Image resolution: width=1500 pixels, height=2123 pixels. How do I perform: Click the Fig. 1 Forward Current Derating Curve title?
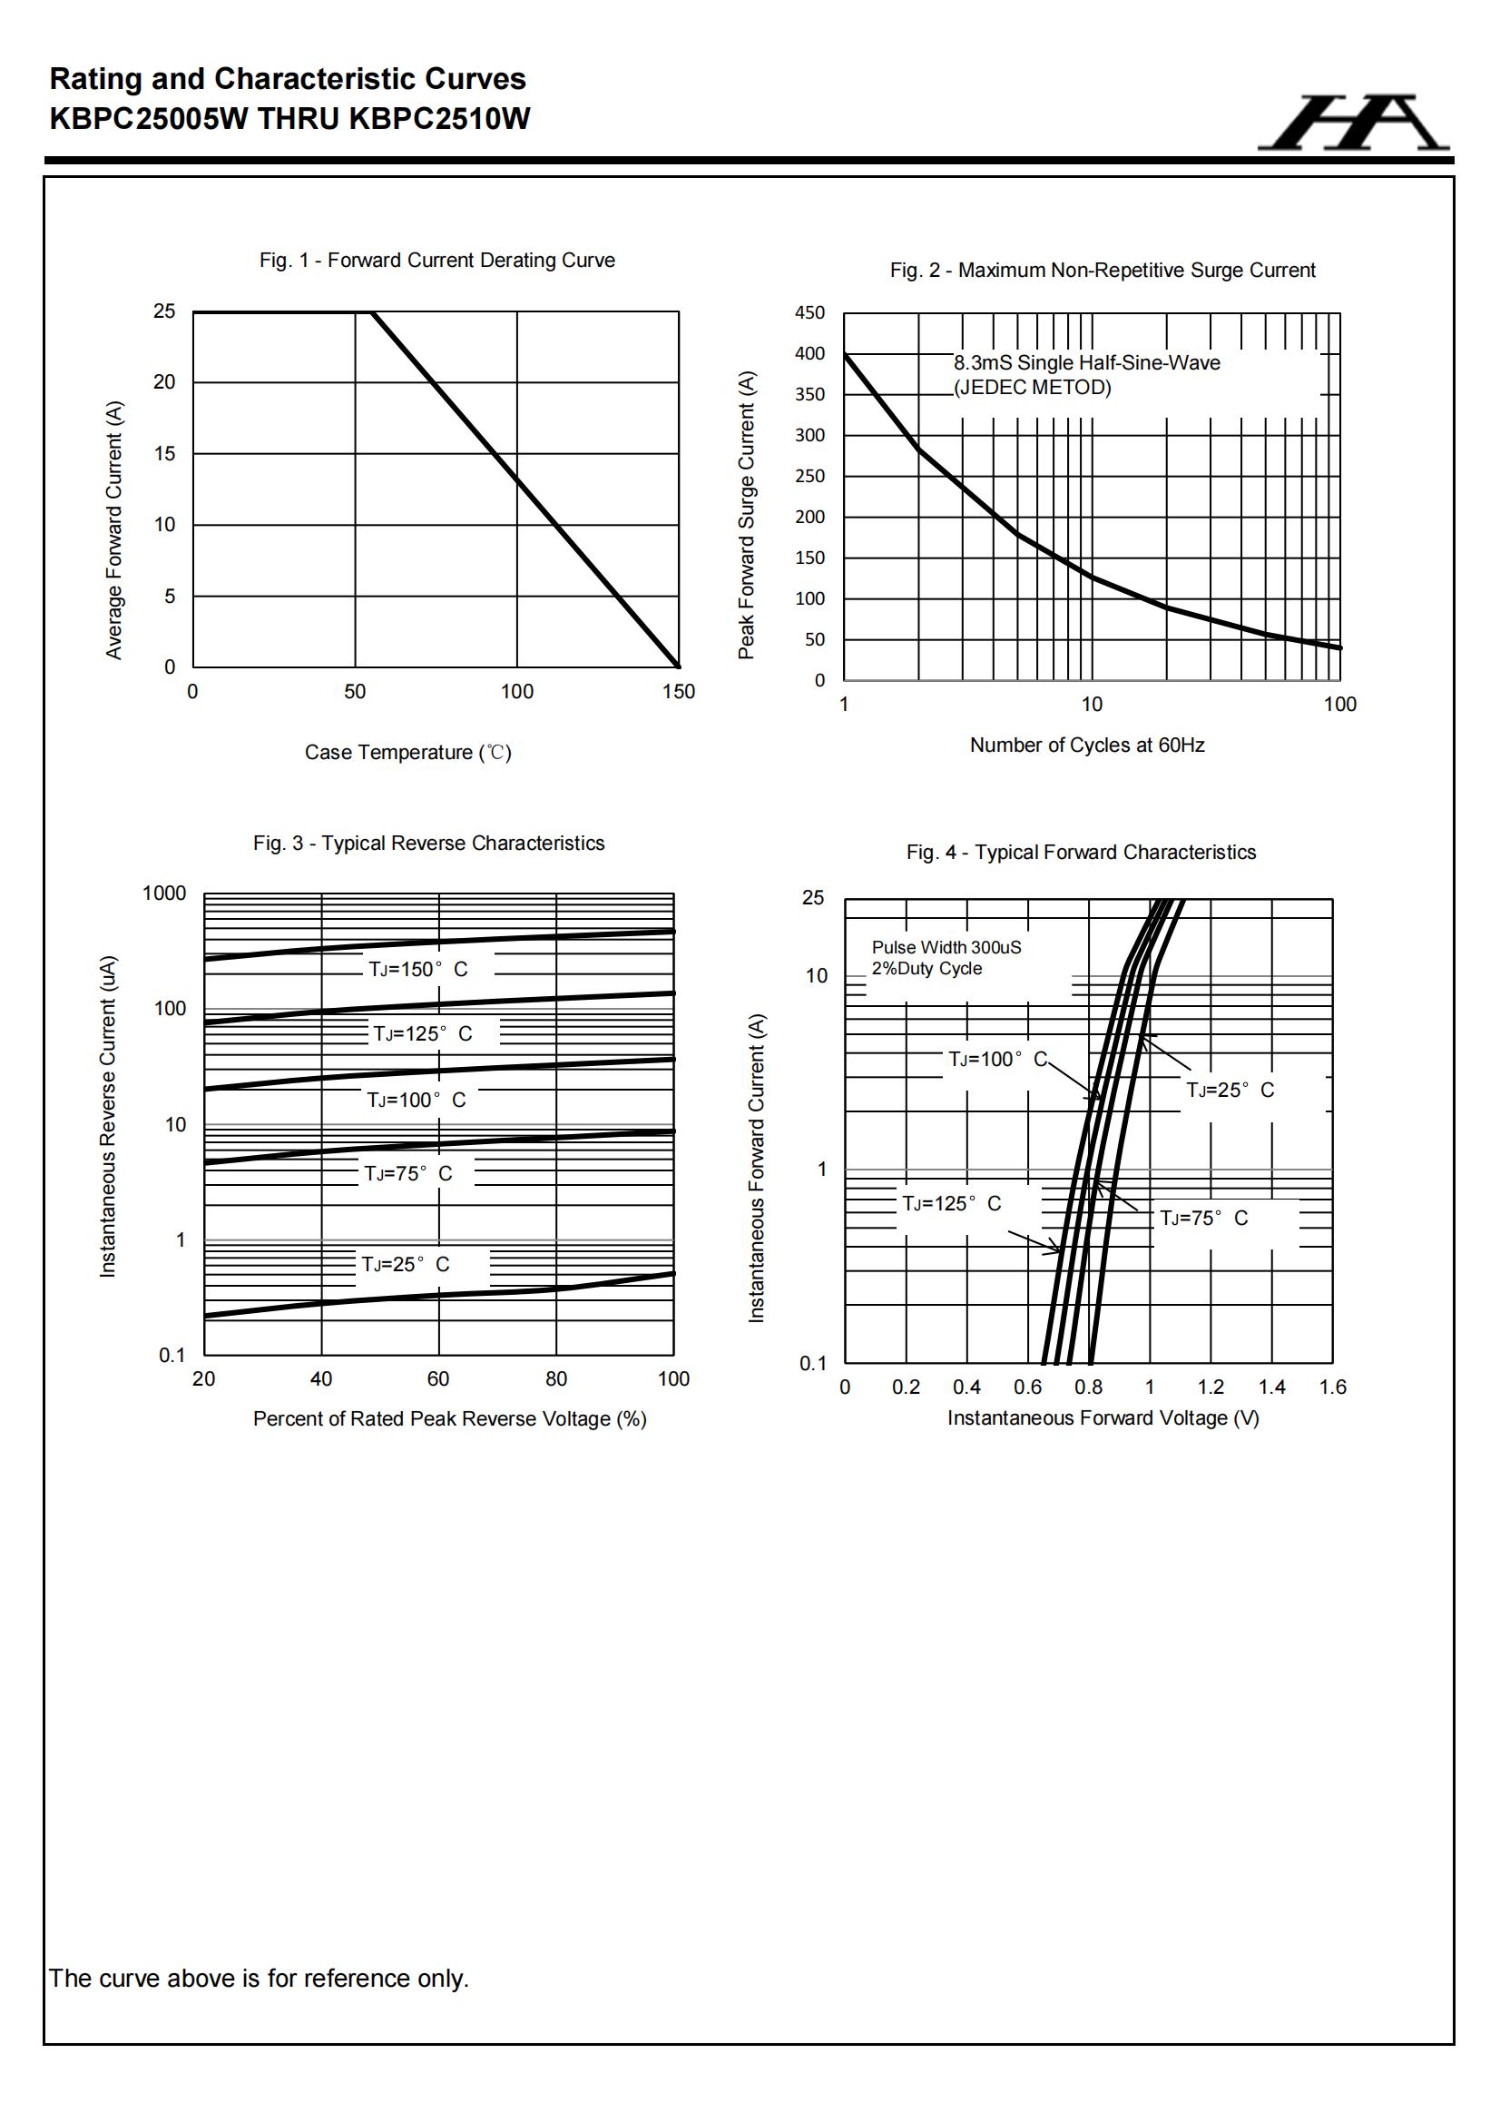(x=436, y=261)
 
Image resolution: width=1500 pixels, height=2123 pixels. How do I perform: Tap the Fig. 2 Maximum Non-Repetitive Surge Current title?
(x=1102, y=270)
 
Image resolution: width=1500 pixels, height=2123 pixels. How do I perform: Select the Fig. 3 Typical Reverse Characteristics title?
(x=429, y=844)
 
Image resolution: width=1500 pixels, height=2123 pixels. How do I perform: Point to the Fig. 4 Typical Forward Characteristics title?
(x=1081, y=853)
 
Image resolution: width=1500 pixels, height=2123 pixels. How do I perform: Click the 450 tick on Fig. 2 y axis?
(x=809, y=312)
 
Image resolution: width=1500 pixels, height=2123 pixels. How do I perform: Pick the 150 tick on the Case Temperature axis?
(x=679, y=692)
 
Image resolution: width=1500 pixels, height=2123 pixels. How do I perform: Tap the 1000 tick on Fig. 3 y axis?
(x=164, y=894)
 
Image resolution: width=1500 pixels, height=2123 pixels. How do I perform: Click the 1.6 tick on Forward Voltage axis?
(x=1332, y=1387)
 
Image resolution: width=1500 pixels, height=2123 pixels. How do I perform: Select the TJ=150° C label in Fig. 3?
(x=417, y=969)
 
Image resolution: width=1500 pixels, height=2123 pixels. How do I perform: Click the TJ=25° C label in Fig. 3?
(x=406, y=1264)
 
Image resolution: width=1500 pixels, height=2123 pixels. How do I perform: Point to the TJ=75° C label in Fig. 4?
(x=1203, y=1218)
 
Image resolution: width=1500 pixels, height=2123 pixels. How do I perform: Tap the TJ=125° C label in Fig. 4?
(x=951, y=1203)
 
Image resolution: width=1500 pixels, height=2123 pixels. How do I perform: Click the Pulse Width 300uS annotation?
(x=946, y=948)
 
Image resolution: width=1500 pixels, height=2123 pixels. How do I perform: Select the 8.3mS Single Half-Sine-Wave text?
(x=1086, y=363)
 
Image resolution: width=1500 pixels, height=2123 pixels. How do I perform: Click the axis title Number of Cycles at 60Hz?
(x=1087, y=746)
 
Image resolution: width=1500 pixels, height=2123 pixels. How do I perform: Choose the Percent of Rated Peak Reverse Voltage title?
(x=449, y=1418)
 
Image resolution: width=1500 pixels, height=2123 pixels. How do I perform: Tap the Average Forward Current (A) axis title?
(x=113, y=529)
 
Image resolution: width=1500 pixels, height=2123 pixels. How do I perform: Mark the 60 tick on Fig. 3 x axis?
(x=438, y=1378)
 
